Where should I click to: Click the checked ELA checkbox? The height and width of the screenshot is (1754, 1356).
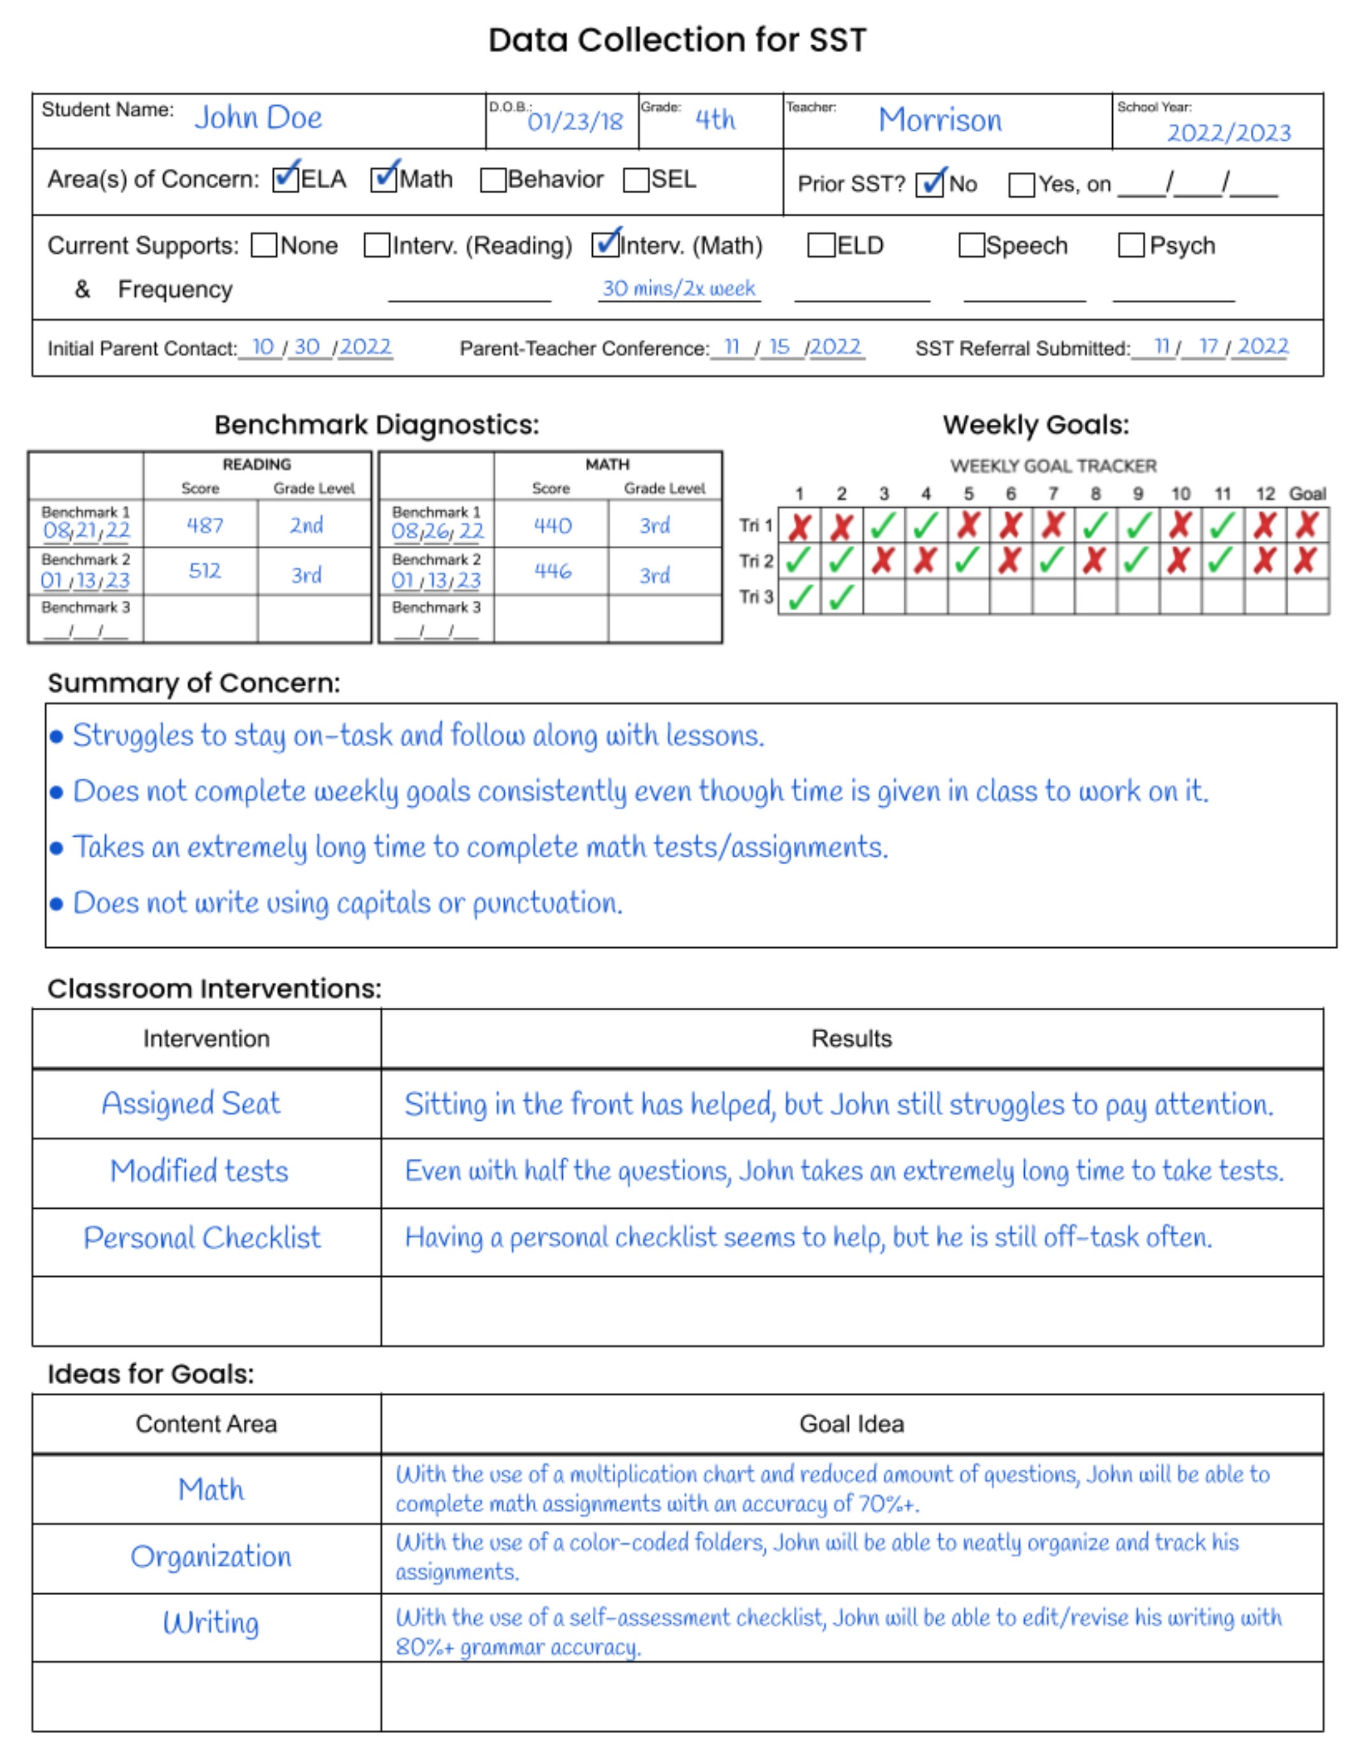coord(285,179)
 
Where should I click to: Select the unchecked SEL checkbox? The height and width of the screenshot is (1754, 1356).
coord(636,180)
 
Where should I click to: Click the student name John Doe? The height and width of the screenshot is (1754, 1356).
coord(258,118)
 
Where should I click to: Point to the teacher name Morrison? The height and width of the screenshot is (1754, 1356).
coord(939,121)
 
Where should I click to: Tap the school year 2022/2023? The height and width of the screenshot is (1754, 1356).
coord(1228,133)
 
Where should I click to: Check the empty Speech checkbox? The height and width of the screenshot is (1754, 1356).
coord(971,245)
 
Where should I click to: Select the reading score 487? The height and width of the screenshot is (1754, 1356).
coord(205,525)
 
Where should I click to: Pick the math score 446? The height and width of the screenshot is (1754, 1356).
coord(553,571)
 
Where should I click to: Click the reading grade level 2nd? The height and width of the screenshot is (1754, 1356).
coord(306,525)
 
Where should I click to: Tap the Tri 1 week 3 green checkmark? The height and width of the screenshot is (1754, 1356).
coord(884,526)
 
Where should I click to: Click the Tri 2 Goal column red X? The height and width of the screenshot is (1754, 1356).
coord(1306,561)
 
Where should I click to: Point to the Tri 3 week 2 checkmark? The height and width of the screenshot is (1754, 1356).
coord(841,597)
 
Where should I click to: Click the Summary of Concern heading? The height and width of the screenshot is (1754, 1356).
coord(193,682)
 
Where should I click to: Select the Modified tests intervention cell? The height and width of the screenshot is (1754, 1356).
coord(199,1171)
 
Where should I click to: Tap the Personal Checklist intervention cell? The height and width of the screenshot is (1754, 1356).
coord(202,1237)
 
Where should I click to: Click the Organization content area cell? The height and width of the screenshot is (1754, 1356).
coord(211,1556)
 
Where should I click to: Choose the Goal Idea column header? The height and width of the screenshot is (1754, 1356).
coord(851,1424)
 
